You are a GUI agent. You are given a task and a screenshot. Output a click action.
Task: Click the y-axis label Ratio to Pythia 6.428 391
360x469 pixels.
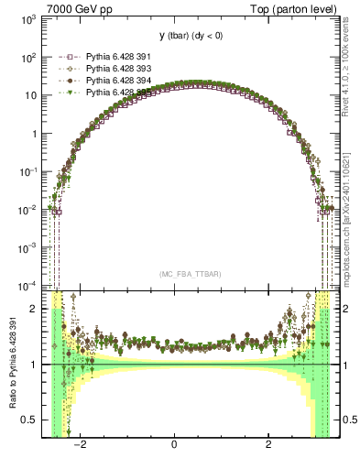(12, 365)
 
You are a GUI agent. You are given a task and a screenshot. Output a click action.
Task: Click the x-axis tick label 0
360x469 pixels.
(174, 446)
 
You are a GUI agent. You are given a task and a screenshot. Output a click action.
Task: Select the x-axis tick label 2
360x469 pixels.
(268, 446)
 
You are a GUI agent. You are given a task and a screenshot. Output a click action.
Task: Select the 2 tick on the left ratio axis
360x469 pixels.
(34, 309)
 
